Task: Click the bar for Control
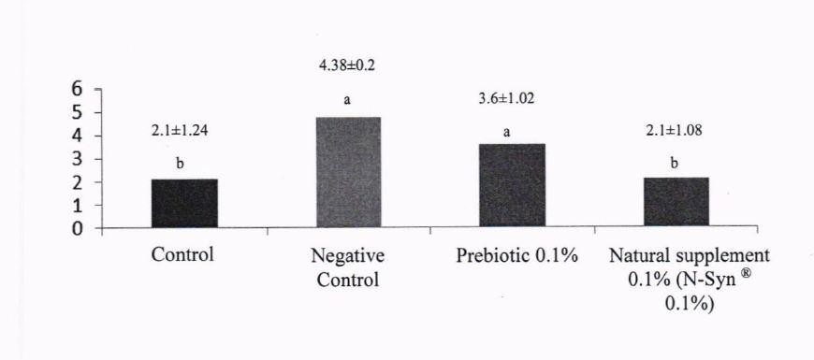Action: click(x=184, y=203)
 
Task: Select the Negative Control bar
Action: click(x=348, y=172)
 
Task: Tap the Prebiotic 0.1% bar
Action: click(x=512, y=185)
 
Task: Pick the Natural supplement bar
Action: click(x=676, y=201)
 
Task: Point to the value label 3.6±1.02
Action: click(x=506, y=98)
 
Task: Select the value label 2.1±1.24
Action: click(x=180, y=131)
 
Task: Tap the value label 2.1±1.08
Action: click(x=674, y=130)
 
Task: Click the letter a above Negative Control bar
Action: click(x=347, y=100)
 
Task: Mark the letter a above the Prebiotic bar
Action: click(x=507, y=133)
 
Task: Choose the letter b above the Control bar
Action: click(x=180, y=165)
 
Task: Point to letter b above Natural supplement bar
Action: click(x=674, y=164)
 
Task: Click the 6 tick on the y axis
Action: click(x=78, y=89)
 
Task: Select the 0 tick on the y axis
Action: click(x=78, y=229)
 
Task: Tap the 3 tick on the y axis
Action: click(x=78, y=159)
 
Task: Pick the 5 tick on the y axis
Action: click(x=78, y=112)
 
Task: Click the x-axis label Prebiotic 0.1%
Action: click(x=517, y=256)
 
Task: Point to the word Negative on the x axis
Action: click(x=348, y=257)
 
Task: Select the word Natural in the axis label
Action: click(x=635, y=256)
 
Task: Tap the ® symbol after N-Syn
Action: click(x=747, y=273)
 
